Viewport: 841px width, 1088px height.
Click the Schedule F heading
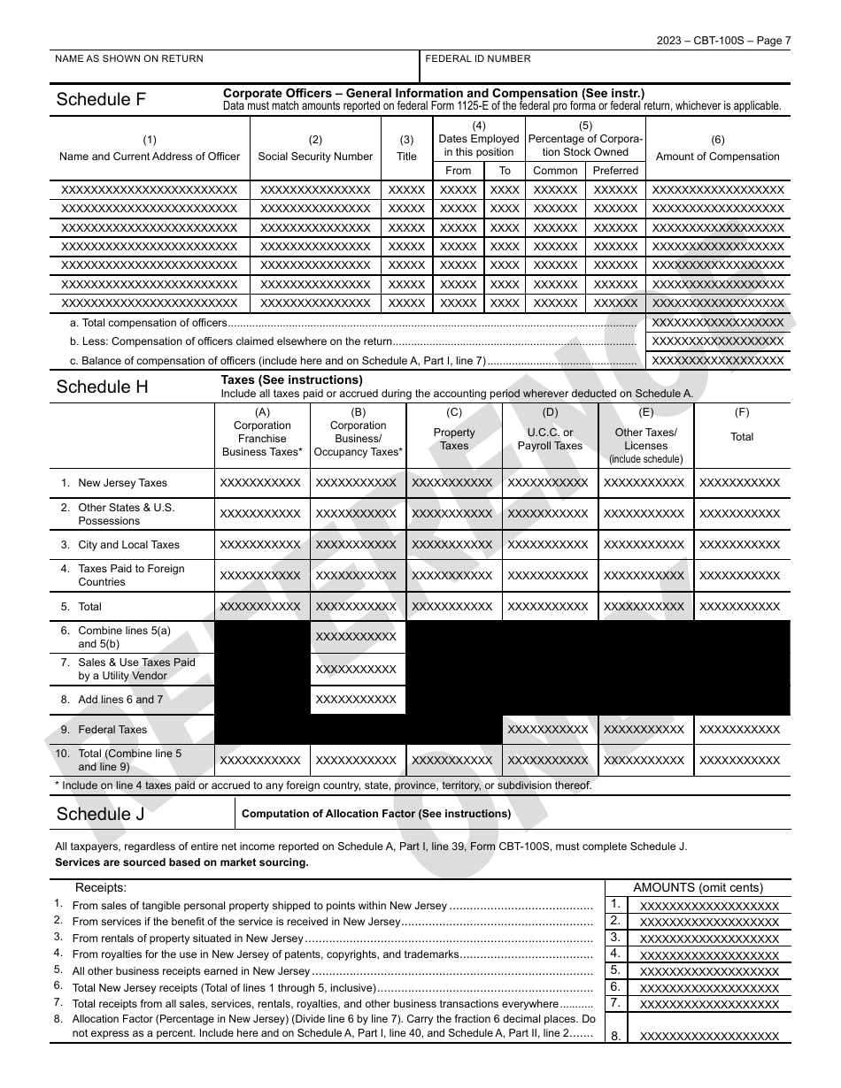point(101,99)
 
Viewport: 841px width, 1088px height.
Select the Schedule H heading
point(102,387)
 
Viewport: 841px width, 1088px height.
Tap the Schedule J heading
point(100,814)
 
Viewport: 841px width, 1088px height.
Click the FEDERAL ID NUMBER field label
point(478,59)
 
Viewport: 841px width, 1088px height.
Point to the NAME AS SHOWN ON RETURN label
point(129,59)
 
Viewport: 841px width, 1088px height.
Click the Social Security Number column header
point(315,157)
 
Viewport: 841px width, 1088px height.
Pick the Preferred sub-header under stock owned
point(615,171)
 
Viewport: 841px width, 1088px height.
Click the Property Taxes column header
point(454,439)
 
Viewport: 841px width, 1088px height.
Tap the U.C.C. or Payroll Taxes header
point(550,439)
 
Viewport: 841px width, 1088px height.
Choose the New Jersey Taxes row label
point(122,483)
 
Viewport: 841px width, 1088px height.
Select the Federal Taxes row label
point(112,730)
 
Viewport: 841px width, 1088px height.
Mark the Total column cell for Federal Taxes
point(740,730)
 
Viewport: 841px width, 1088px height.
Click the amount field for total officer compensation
point(718,323)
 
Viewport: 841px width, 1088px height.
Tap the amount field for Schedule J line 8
point(709,1037)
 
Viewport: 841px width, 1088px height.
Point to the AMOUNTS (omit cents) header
point(698,888)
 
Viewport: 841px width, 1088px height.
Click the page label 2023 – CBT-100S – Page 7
point(723,40)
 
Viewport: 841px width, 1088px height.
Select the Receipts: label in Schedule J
point(101,888)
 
